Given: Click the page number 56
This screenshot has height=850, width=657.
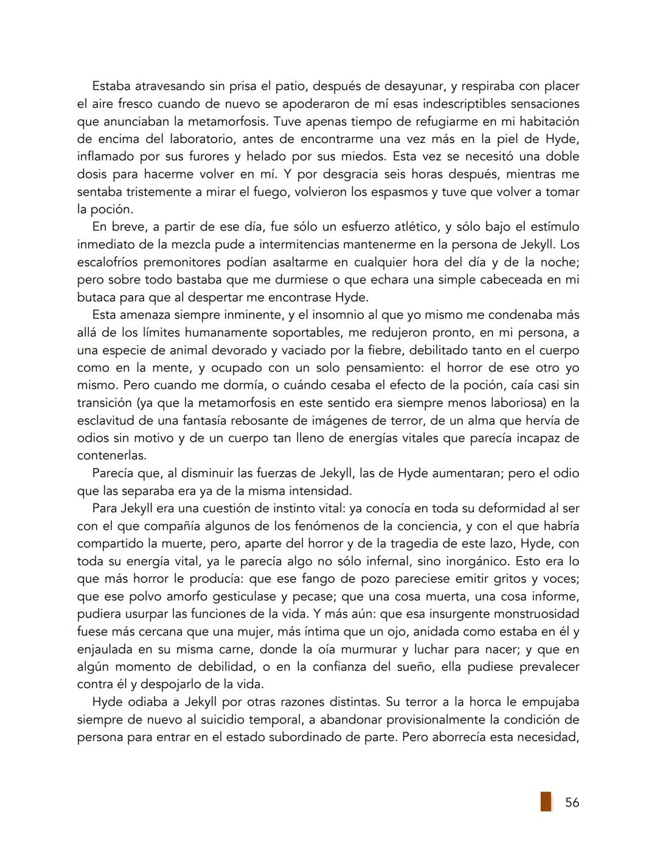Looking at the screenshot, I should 572,803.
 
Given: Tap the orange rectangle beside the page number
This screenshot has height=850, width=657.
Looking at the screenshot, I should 546,801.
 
